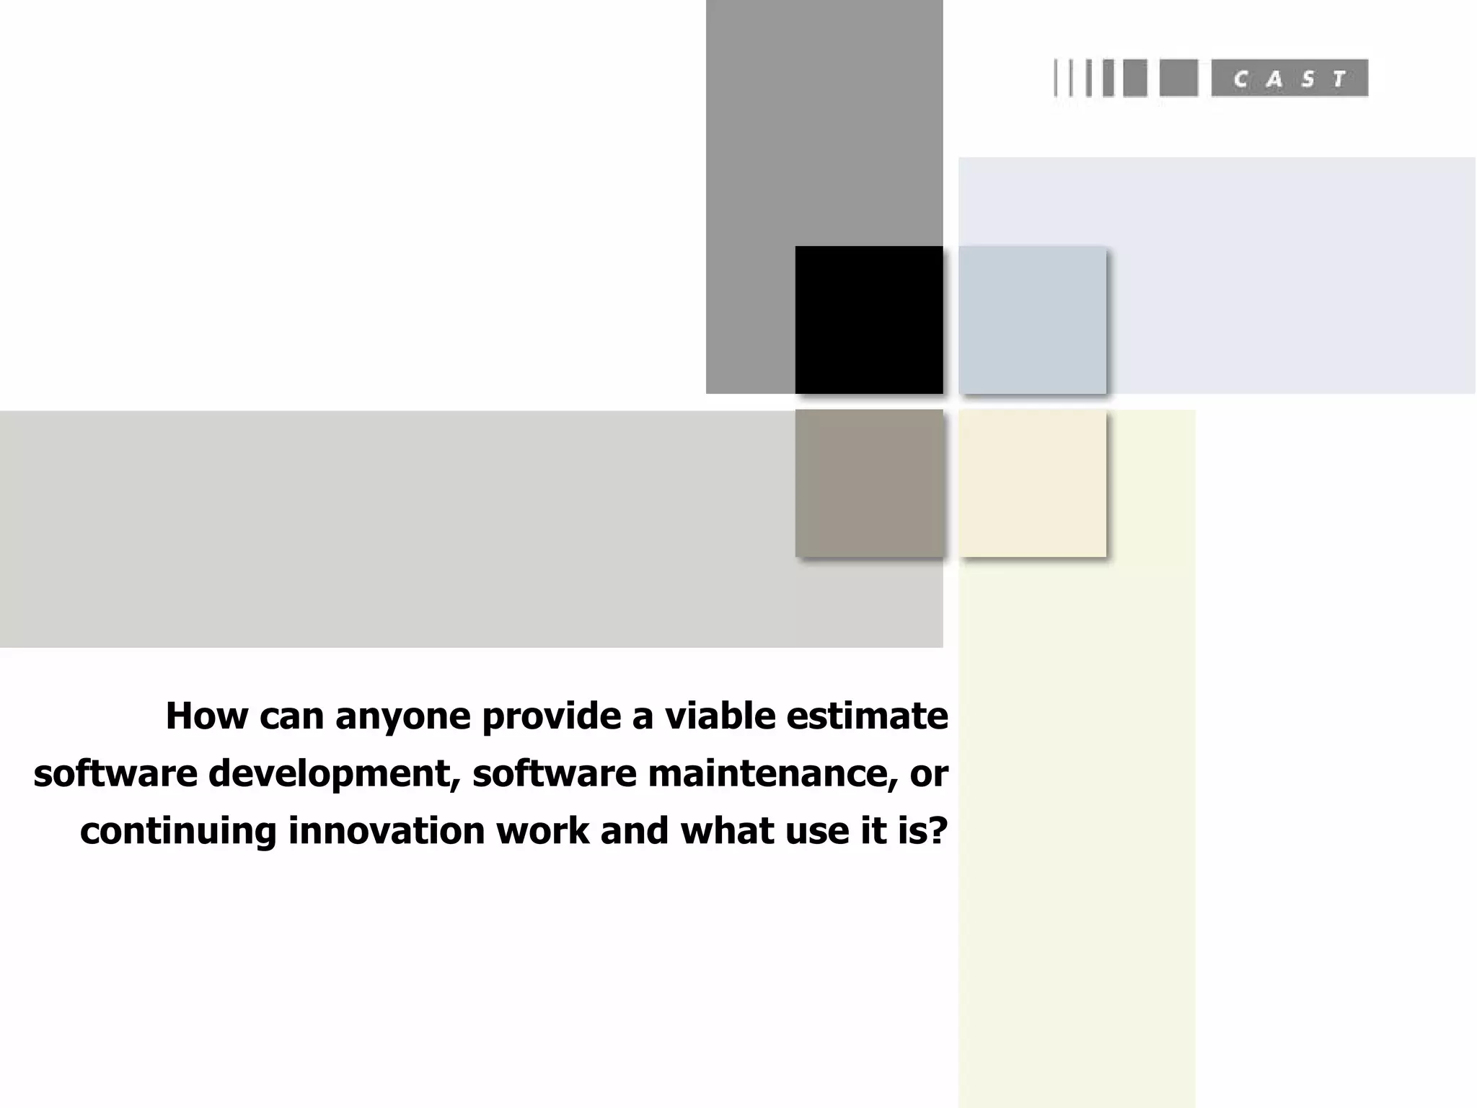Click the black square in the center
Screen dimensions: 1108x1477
869,320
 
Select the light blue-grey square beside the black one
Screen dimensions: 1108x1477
1032,320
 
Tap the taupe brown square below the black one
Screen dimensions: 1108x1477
869,483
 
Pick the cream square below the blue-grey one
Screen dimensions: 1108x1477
1032,483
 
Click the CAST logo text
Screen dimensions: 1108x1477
1289,78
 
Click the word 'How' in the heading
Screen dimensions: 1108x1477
206,716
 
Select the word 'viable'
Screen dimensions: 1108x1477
720,716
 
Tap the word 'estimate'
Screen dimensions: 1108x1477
867,716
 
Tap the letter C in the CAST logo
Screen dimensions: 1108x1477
1241,79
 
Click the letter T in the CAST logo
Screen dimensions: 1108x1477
1340,79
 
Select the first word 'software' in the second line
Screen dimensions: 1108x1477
115,773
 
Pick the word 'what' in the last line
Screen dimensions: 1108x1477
727,830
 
